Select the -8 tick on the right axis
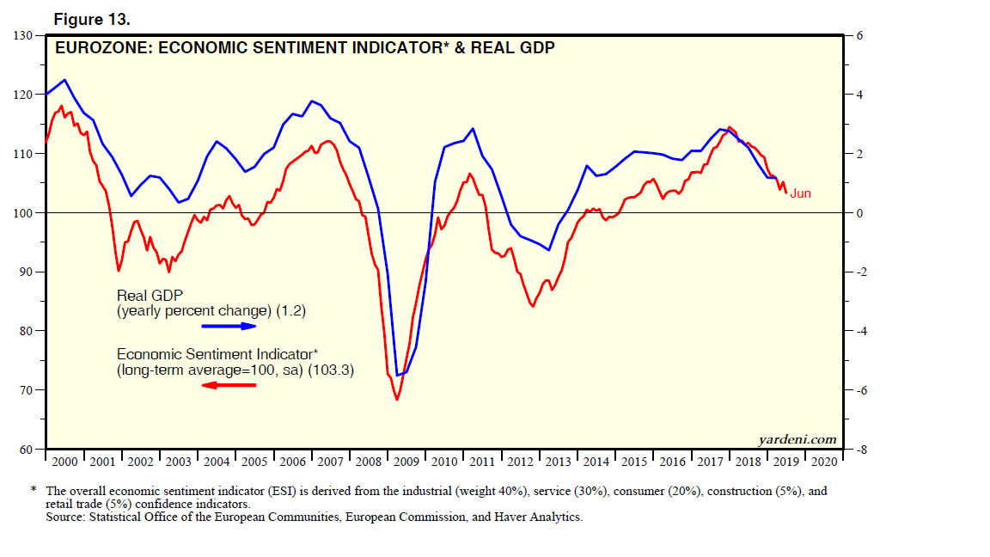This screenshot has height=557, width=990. click(858, 450)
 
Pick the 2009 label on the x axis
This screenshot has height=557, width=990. click(407, 462)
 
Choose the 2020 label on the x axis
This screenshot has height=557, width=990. click(823, 462)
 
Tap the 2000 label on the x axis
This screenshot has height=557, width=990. click(66, 462)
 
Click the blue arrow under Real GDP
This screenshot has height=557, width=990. click(229, 327)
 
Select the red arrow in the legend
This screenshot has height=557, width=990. click(229, 385)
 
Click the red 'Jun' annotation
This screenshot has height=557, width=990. click(800, 193)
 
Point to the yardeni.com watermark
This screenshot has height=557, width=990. click(797, 439)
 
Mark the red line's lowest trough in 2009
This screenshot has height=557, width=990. click(397, 400)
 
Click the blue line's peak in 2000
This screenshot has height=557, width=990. click(65, 80)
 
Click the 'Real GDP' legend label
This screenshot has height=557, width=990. click(151, 296)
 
